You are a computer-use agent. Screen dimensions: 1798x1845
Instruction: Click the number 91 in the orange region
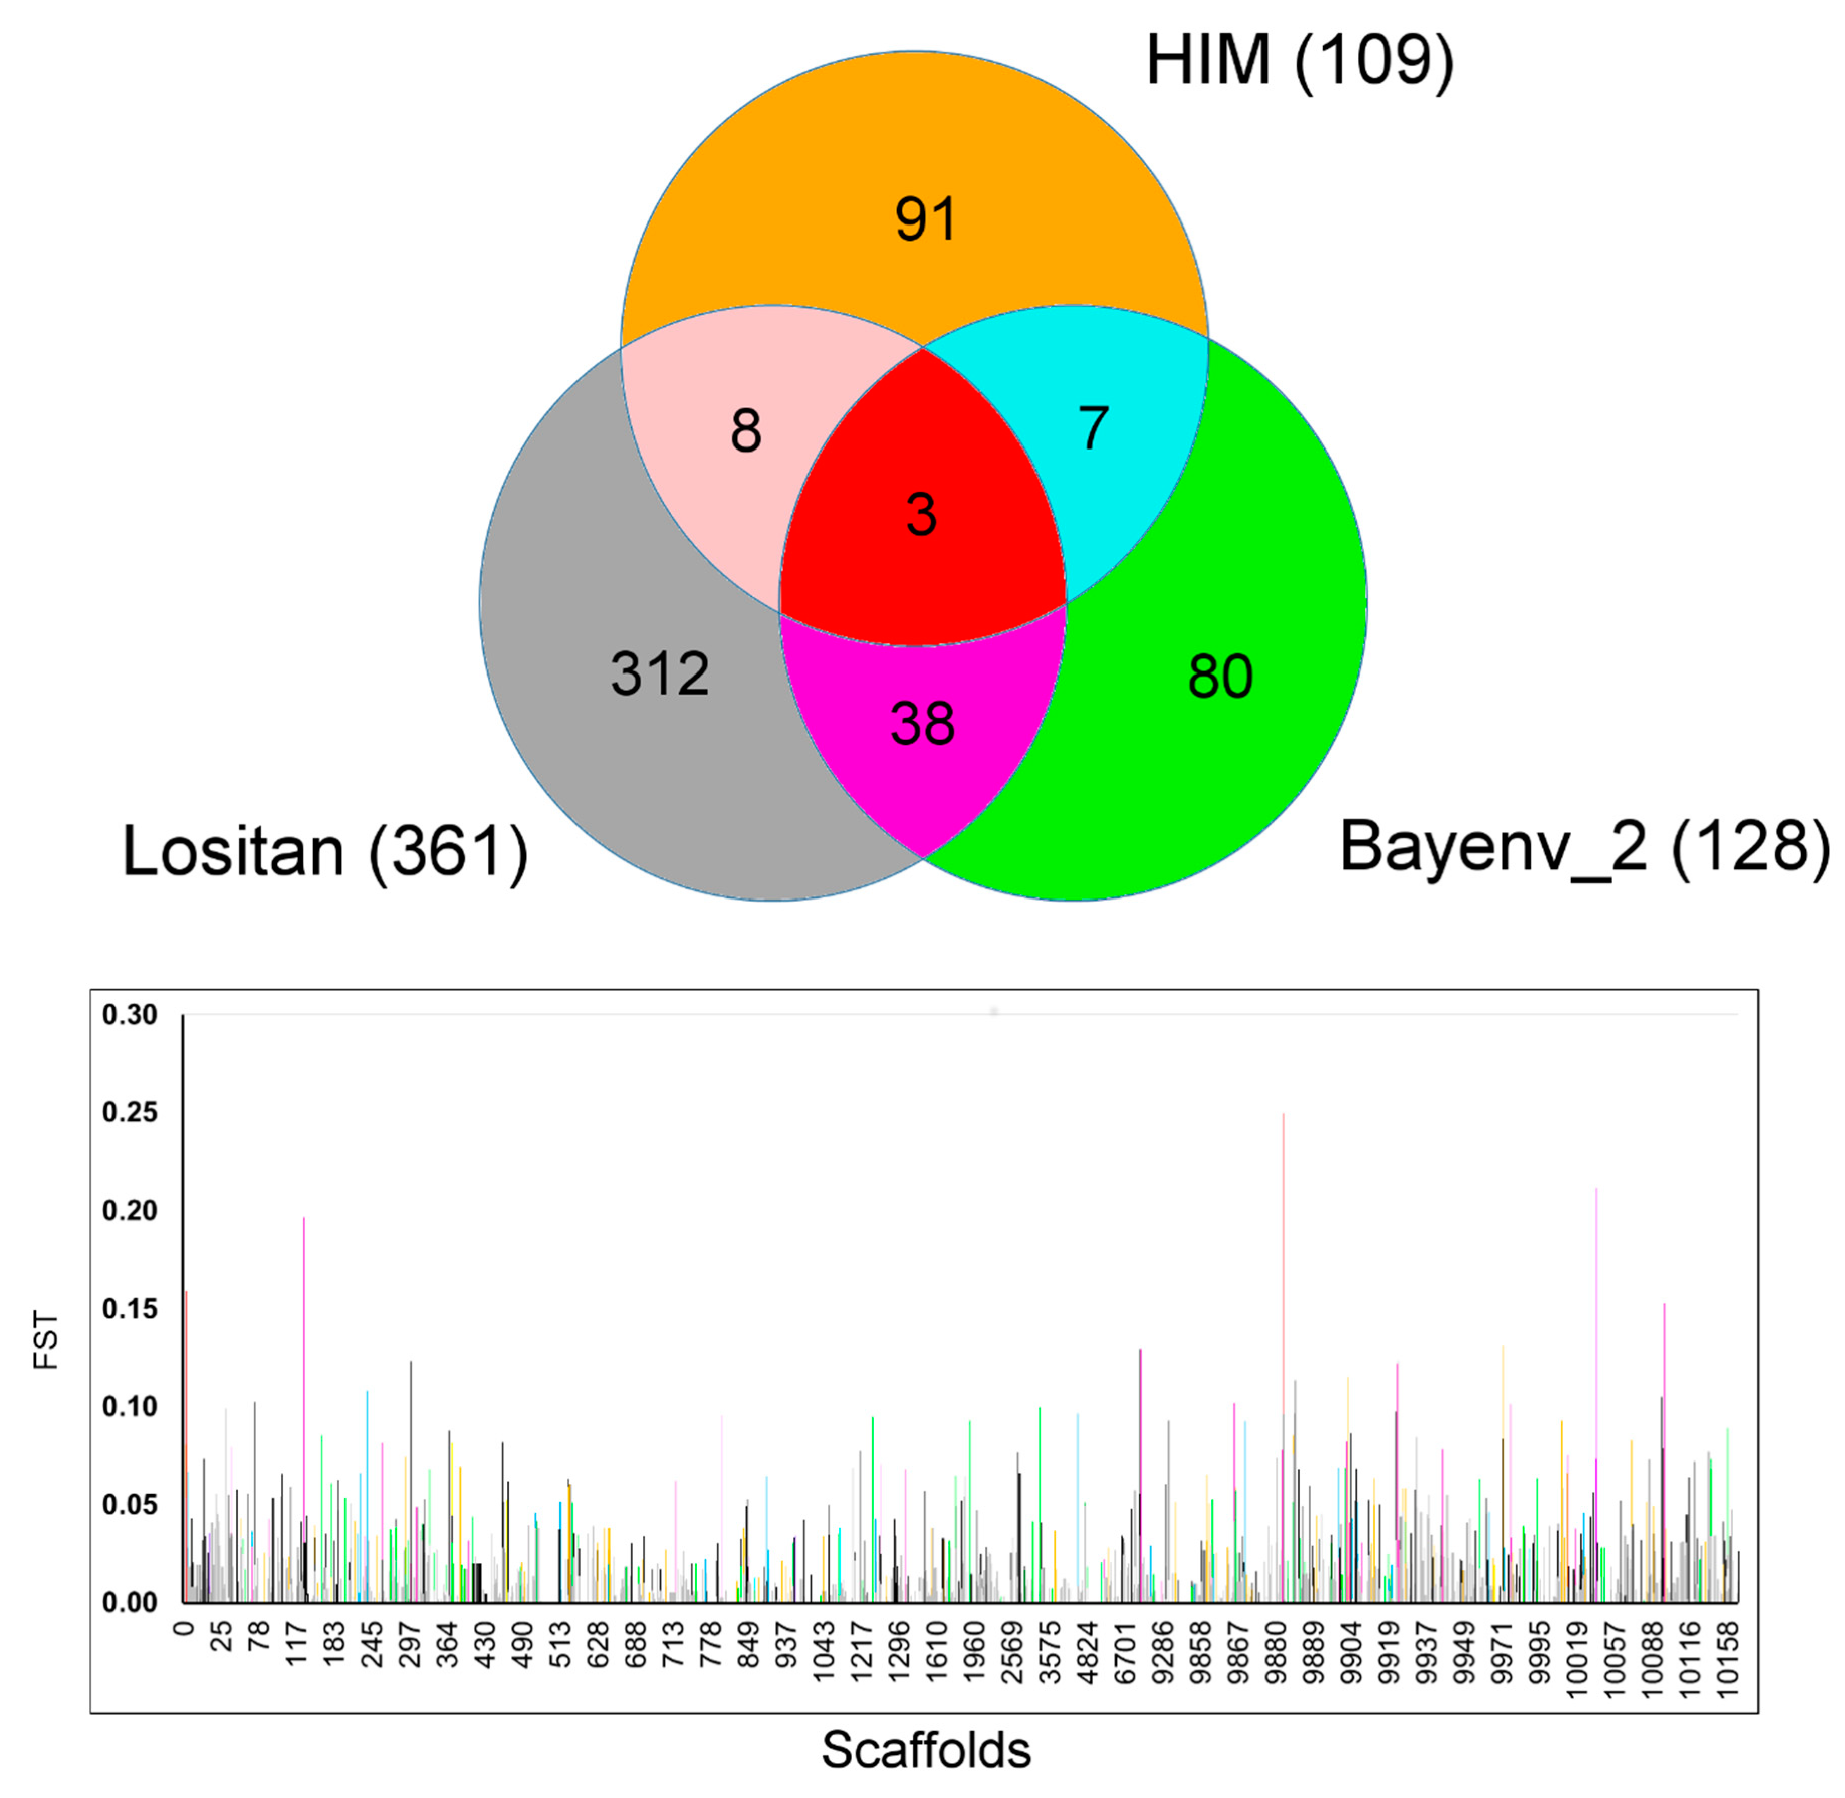click(926, 220)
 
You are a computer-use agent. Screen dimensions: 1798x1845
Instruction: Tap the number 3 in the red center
click(920, 516)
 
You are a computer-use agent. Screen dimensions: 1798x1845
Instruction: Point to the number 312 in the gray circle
click(659, 674)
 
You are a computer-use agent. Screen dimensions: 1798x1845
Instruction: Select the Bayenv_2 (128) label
click(1583, 847)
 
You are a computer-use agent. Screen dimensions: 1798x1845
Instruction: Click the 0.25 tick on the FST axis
click(130, 1113)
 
